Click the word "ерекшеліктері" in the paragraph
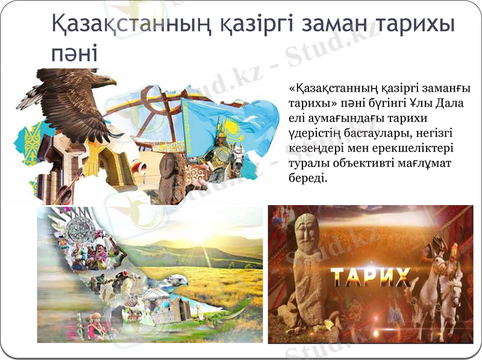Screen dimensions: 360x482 [416, 148]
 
